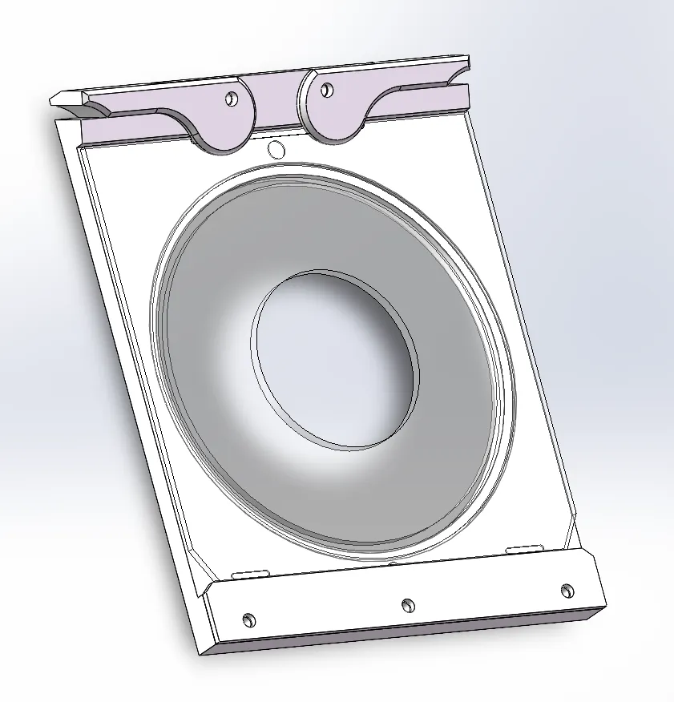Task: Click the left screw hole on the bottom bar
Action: click(x=248, y=619)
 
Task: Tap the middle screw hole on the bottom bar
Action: click(x=407, y=604)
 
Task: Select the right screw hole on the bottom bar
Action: click(x=567, y=591)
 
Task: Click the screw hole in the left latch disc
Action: click(x=232, y=99)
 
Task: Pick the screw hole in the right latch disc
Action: click(x=325, y=88)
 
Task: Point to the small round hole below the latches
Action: click(x=276, y=149)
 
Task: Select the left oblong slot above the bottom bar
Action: click(x=249, y=574)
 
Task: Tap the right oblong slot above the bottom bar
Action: click(x=524, y=548)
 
